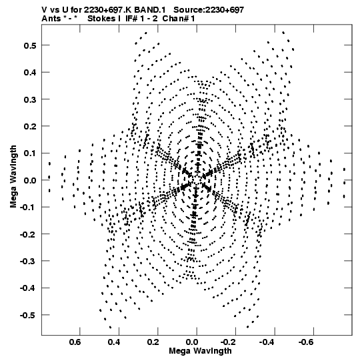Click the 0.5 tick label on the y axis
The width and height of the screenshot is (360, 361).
(x=30, y=45)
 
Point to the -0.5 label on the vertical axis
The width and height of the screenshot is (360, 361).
(x=28, y=315)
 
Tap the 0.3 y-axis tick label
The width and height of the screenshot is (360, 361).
(x=30, y=99)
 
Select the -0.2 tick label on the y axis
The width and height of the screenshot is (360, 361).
(x=28, y=234)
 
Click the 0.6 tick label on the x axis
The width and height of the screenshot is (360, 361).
(x=75, y=342)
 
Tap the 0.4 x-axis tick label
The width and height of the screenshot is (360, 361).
(x=114, y=342)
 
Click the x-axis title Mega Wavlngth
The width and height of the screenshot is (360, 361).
(x=201, y=351)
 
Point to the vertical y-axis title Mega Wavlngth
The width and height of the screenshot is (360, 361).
(x=13, y=177)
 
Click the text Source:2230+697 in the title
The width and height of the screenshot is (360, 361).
(x=209, y=10)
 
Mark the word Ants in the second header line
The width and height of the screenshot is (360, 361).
(x=51, y=19)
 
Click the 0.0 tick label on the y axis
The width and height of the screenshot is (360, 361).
(x=30, y=180)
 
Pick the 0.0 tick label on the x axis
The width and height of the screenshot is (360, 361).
(x=192, y=342)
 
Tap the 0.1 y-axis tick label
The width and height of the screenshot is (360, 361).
(x=30, y=153)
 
